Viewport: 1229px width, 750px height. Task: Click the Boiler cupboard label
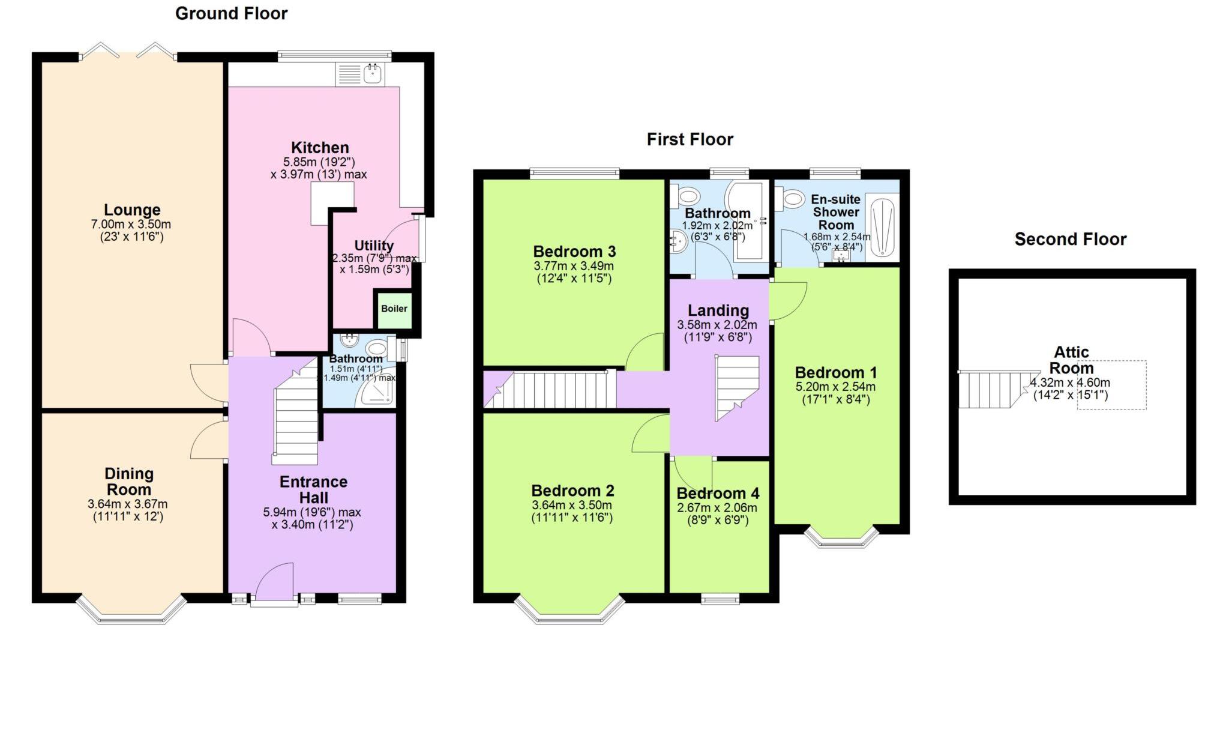pyautogui.click(x=394, y=309)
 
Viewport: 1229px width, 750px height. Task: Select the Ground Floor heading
pyautogui.click(x=231, y=13)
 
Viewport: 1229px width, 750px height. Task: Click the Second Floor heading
pyautogui.click(x=1070, y=239)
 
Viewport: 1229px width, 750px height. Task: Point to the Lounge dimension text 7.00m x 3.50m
pyautogui.click(x=131, y=224)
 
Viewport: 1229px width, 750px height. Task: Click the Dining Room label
pyautogui.click(x=129, y=481)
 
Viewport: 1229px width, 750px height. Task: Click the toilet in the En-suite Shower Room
pyautogui.click(x=793, y=198)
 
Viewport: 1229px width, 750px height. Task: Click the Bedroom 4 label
pyautogui.click(x=718, y=494)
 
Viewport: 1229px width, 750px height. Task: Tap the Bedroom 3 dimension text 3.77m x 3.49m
pyautogui.click(x=574, y=265)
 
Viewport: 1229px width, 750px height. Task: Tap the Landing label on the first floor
pyautogui.click(x=718, y=310)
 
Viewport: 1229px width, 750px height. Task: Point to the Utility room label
pyautogui.click(x=374, y=246)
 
